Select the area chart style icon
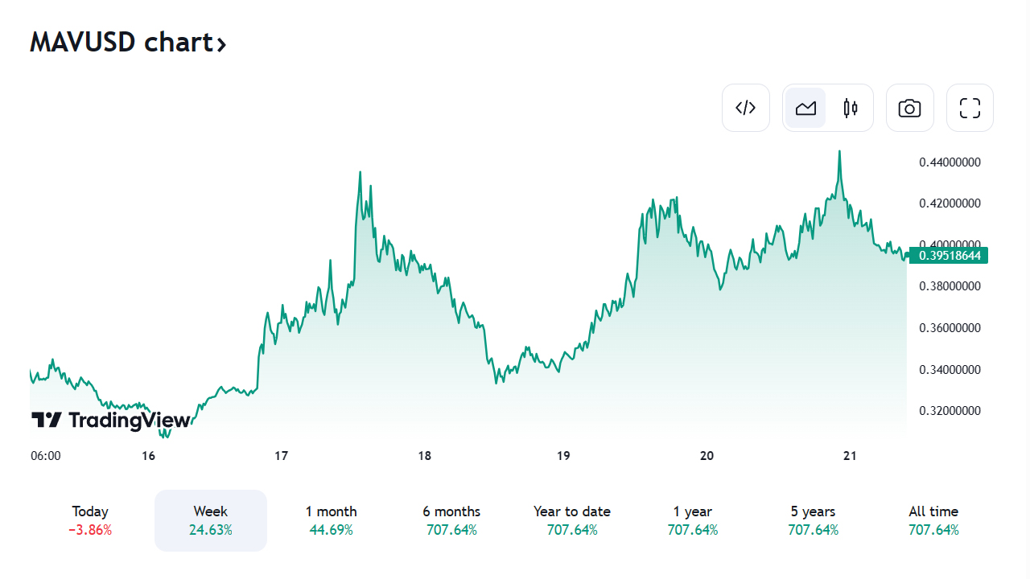805,108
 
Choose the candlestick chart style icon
851,108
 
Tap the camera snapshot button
909,108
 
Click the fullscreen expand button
970,108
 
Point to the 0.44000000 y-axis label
950,162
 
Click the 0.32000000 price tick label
950,411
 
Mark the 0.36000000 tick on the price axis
950,328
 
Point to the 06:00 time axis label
46,456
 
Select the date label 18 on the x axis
425,456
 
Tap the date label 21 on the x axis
850,456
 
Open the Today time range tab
90,511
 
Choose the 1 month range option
331,511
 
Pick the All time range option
933,511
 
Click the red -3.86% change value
90,530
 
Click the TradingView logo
111,420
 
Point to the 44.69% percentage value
331,530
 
